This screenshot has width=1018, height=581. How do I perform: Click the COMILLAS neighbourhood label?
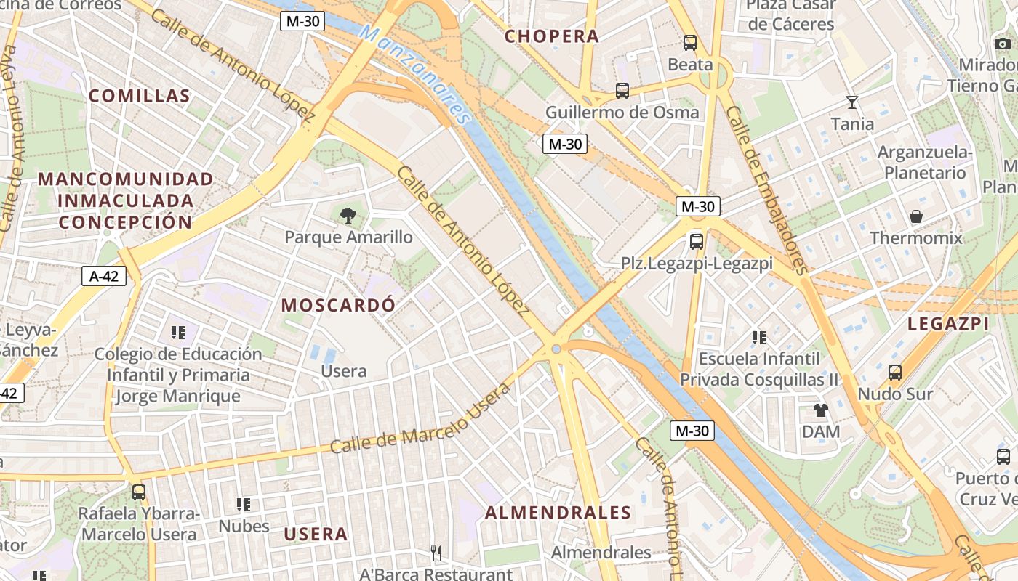click(140, 96)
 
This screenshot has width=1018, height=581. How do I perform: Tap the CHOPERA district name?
click(552, 36)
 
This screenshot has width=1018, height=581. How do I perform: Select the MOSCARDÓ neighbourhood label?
click(338, 305)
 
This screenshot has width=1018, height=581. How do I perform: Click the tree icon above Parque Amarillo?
click(348, 215)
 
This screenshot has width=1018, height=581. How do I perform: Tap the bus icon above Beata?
click(690, 43)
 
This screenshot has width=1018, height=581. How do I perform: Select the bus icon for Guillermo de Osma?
click(622, 91)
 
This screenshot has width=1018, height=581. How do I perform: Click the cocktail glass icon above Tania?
click(852, 102)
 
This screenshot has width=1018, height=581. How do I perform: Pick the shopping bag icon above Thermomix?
click(915, 216)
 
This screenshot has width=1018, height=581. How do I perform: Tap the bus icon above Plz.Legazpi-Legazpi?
click(696, 241)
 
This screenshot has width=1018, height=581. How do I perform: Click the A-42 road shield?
click(104, 276)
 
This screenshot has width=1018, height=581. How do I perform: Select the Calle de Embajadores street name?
click(767, 190)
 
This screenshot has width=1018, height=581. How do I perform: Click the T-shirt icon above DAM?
click(821, 410)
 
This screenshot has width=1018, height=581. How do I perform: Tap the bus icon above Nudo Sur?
click(895, 373)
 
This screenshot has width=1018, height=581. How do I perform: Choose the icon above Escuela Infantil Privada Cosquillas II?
click(759, 337)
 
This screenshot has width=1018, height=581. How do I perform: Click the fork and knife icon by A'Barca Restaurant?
click(436, 553)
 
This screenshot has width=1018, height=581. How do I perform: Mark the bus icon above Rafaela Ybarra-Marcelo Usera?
click(138, 492)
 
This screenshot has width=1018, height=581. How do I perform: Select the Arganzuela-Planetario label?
click(925, 163)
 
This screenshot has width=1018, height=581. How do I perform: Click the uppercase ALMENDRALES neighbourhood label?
click(558, 513)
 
